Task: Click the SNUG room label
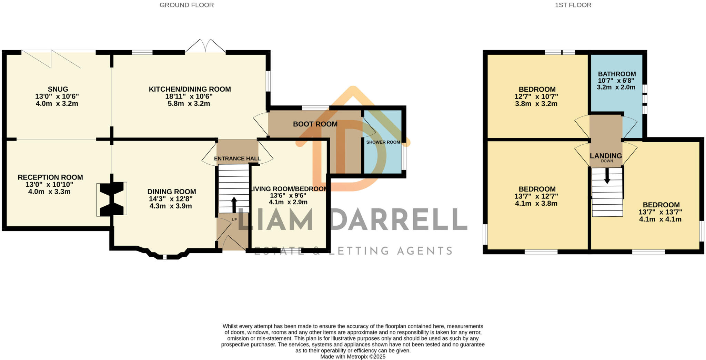click(x=58, y=89)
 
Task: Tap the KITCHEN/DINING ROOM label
click(x=190, y=89)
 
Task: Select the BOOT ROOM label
click(x=315, y=124)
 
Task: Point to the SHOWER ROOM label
click(x=383, y=142)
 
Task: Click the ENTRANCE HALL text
click(x=237, y=159)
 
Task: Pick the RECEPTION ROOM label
click(x=50, y=177)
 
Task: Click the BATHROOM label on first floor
click(x=617, y=74)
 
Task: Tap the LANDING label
click(x=606, y=156)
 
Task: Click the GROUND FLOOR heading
click(x=186, y=5)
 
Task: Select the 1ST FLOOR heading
click(x=573, y=5)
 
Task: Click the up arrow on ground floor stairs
click(x=234, y=204)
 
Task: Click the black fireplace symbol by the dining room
click(x=112, y=199)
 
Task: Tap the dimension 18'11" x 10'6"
click(x=189, y=96)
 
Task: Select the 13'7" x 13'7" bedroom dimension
click(x=660, y=212)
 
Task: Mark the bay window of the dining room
click(x=164, y=255)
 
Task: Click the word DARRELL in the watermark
click(x=398, y=219)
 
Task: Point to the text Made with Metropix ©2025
click(x=353, y=357)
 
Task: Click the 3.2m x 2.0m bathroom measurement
click(x=616, y=88)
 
